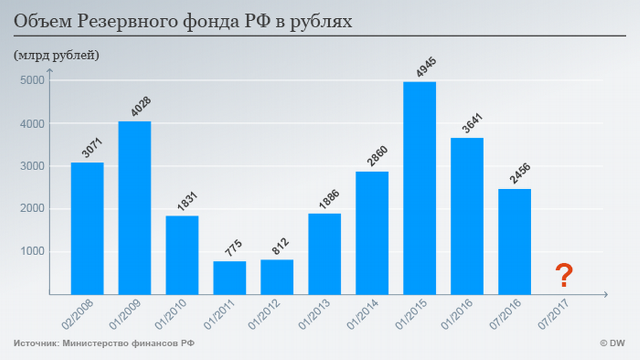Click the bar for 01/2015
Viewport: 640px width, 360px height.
pos(419,189)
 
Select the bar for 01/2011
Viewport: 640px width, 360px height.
pos(229,278)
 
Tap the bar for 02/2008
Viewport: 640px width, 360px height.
pos(87,229)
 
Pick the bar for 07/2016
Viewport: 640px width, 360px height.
pos(514,242)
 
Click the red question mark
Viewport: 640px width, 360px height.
pos(563,276)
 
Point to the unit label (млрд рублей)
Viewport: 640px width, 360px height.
pos(57,55)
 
